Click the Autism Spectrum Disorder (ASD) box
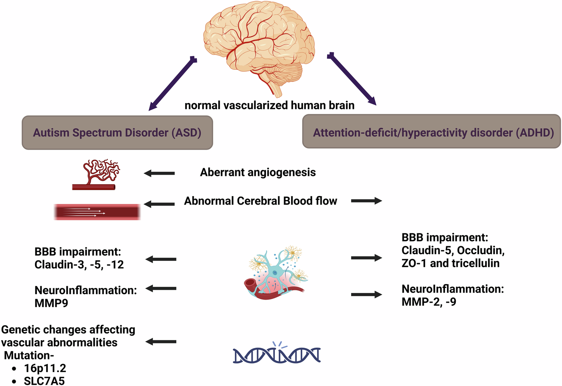click(117, 133)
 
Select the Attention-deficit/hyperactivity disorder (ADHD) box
click(431, 132)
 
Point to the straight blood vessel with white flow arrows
click(97, 212)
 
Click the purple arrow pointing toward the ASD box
click(172, 83)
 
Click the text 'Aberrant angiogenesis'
click(258, 172)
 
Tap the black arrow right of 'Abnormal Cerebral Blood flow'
click(366, 201)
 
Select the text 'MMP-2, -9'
click(429, 302)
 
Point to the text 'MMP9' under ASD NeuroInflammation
click(51, 303)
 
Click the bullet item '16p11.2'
click(45, 368)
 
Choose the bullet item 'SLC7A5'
click(44, 381)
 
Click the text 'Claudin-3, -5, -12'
click(79, 265)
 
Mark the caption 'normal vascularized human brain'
click(269, 105)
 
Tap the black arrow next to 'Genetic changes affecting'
click(161, 341)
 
